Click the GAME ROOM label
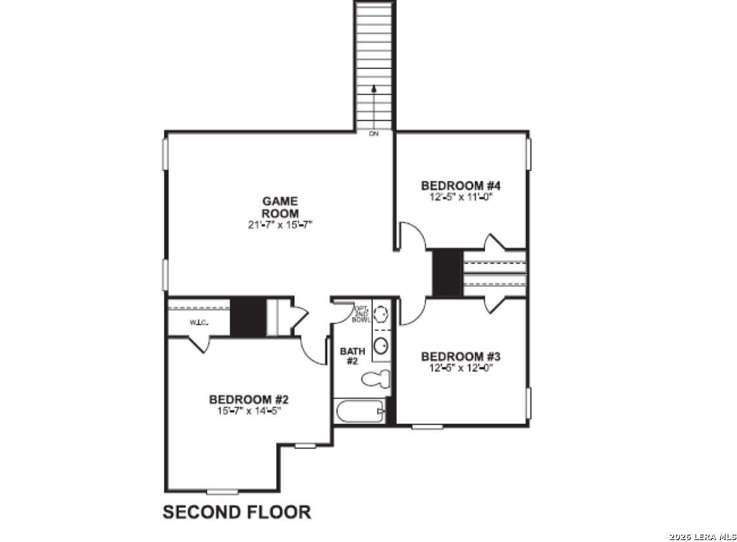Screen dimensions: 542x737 coord(279,207)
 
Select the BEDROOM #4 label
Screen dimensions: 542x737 coord(461,186)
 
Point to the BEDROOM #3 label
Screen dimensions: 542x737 coord(461,356)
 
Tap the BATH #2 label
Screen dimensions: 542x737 coord(352,356)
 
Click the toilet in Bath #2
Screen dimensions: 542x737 coord(376,379)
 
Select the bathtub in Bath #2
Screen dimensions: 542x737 coord(359,410)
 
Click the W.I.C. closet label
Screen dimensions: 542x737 coord(198,323)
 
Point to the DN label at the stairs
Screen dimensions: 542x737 coord(374,134)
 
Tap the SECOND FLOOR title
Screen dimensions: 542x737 coord(236,512)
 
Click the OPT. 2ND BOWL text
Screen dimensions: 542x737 coord(361,314)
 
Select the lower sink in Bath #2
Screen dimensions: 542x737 coord(381,345)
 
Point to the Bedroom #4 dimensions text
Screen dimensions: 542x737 coord(461,197)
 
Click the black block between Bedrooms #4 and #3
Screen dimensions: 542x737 coord(447,272)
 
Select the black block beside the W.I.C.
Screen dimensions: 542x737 coord(248,317)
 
